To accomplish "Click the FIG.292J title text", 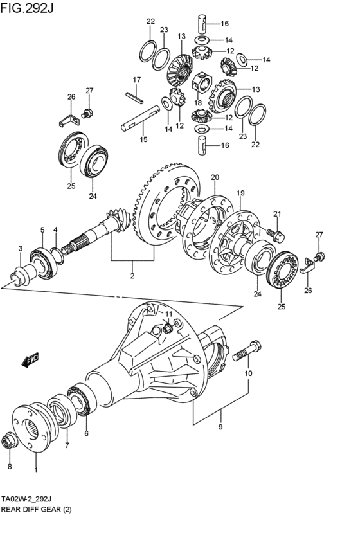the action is (x=27, y=8).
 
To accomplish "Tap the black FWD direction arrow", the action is (x=30, y=361).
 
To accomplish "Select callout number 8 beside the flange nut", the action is (x=10, y=467).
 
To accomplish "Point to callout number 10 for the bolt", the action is (x=248, y=373).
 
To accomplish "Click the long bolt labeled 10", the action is (x=247, y=352).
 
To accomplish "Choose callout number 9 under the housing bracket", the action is (x=221, y=427).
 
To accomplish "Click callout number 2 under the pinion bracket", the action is (x=132, y=276).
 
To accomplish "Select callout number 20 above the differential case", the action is (x=215, y=177).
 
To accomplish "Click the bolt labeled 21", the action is (x=276, y=235).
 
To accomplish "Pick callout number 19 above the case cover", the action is (x=240, y=193).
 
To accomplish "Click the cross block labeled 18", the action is (x=201, y=85).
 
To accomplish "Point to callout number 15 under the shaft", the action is (x=144, y=139).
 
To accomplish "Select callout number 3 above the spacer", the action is (x=21, y=248).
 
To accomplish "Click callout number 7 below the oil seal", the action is (x=67, y=445).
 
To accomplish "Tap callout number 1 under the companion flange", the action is (x=35, y=471).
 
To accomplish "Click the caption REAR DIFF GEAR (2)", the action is (x=36, y=510).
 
